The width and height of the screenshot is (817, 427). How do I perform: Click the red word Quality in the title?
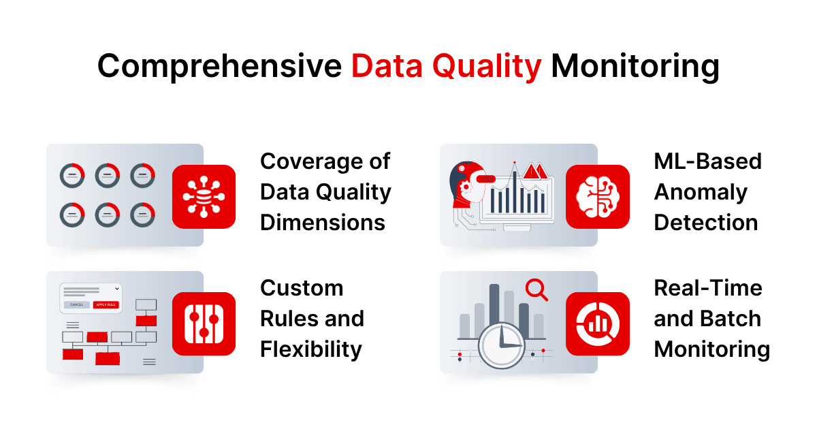487,67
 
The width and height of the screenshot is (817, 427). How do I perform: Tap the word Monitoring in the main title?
635,67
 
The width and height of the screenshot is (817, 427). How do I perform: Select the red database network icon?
204,197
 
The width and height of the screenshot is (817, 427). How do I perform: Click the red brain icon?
597,197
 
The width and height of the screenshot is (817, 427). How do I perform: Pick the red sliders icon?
204,323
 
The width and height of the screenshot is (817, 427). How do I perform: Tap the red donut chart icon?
597,323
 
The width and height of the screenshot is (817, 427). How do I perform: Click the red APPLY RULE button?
106,304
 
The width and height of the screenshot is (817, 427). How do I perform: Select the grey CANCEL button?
77,304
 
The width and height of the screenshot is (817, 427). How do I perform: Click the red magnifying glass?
536,291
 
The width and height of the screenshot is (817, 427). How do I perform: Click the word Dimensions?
322,222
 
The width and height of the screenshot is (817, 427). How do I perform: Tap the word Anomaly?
701,192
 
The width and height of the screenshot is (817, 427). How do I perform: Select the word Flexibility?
310,349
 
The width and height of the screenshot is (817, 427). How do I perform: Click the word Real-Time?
708,287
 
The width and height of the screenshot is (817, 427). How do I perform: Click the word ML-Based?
707,161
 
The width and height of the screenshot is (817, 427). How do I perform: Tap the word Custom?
301,287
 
